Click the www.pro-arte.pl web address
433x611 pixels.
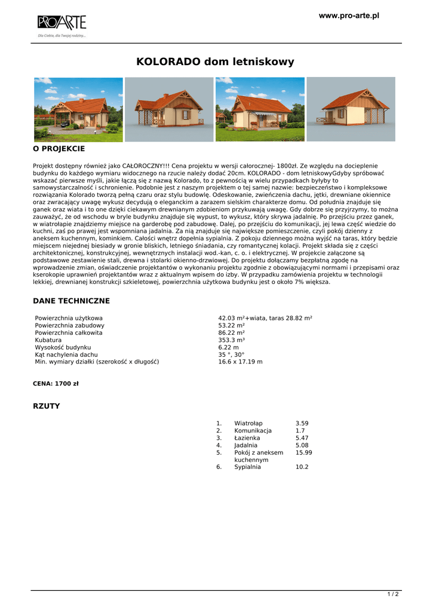pyautogui.click(x=349, y=16)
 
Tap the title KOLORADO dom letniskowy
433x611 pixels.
pyautogui.click(x=216, y=61)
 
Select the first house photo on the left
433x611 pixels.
pyautogui.click(x=78, y=109)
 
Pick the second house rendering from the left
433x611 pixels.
pyautogui.click(x=169, y=109)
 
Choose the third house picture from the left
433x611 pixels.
pyautogui.click(x=260, y=109)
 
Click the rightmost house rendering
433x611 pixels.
pyautogui.click(x=351, y=109)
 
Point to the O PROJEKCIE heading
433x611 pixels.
pyautogui.click(x=59, y=149)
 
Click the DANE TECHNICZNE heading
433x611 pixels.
pyautogui.click(x=71, y=301)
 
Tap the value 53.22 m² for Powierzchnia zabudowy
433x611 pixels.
pyautogui.click(x=231, y=325)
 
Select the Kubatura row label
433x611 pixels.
pyautogui.click(x=48, y=340)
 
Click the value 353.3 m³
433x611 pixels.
pyautogui.click(x=232, y=340)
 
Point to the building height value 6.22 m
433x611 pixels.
pyautogui.click(x=229, y=347)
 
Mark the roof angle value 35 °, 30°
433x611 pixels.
pyautogui.click(x=232, y=354)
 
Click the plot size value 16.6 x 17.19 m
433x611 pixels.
pyautogui.click(x=241, y=362)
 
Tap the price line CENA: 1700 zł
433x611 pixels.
pyautogui.click(x=56, y=384)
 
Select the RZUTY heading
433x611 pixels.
pyautogui.click(x=46, y=406)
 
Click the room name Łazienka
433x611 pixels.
pyautogui.click(x=247, y=438)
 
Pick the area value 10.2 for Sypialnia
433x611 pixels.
pyautogui.click(x=302, y=467)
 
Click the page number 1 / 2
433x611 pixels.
pyautogui.click(x=393, y=594)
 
